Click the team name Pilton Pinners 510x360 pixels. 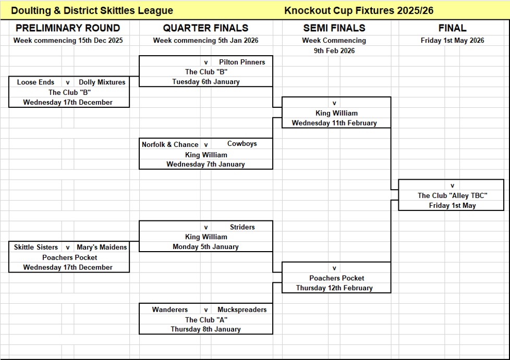click(x=242, y=62)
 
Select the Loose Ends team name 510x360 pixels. click(x=35, y=82)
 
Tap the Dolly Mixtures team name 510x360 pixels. click(x=102, y=82)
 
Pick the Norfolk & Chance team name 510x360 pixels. click(x=170, y=144)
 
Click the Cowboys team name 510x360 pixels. click(x=242, y=144)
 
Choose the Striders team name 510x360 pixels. click(x=242, y=227)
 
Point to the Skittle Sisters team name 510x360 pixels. click(x=36, y=247)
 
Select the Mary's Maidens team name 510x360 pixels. click(x=102, y=247)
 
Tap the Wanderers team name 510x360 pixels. click(x=170, y=309)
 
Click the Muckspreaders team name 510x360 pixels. click(x=242, y=309)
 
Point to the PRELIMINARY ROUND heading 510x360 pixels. click(x=68, y=28)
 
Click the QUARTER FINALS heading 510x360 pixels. click(x=205, y=28)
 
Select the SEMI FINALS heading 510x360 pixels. click(x=334, y=28)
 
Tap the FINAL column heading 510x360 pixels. click(x=452, y=28)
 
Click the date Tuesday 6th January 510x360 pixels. click(x=206, y=82)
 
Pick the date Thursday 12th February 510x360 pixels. click(x=334, y=288)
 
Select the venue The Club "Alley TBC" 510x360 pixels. click(x=452, y=196)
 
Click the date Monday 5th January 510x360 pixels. click(x=205, y=247)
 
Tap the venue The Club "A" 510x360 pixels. click(x=206, y=320)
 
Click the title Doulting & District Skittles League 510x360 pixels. click(x=92, y=10)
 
